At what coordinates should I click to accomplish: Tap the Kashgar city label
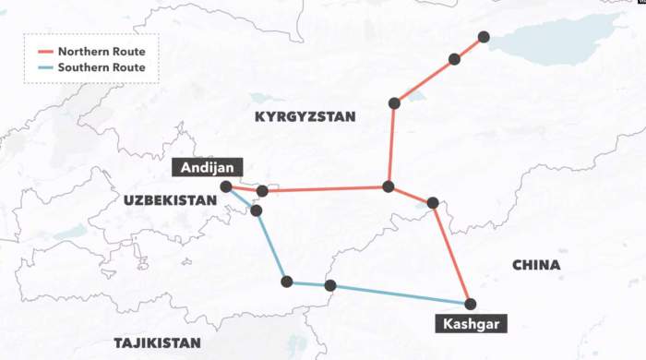(x=470, y=324)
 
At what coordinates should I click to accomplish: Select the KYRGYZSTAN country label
(x=304, y=116)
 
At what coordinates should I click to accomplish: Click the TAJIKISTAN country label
(x=157, y=342)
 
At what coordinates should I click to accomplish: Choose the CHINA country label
(x=535, y=265)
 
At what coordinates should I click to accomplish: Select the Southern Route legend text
(x=102, y=67)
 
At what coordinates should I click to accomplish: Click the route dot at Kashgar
(x=470, y=304)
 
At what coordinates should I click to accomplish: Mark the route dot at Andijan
(x=226, y=186)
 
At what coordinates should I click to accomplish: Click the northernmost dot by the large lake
(x=484, y=38)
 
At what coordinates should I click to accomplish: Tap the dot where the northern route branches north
(x=389, y=186)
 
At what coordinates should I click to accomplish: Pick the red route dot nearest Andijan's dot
(x=262, y=191)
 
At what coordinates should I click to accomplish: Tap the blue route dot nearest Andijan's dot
(x=256, y=210)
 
